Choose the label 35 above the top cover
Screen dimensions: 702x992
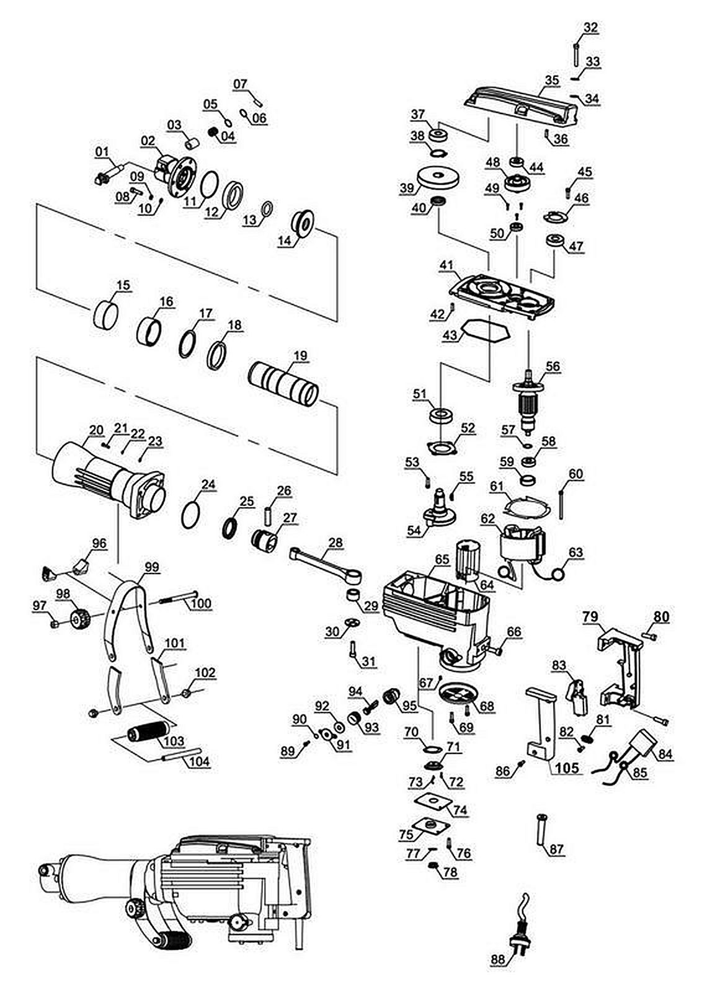pos(552,81)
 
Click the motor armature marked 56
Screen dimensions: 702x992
pos(528,401)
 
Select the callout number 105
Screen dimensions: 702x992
pos(567,767)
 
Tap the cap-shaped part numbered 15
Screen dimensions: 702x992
pos(107,314)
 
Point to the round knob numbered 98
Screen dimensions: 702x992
pos(80,616)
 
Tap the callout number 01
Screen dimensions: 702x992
pos(102,152)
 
